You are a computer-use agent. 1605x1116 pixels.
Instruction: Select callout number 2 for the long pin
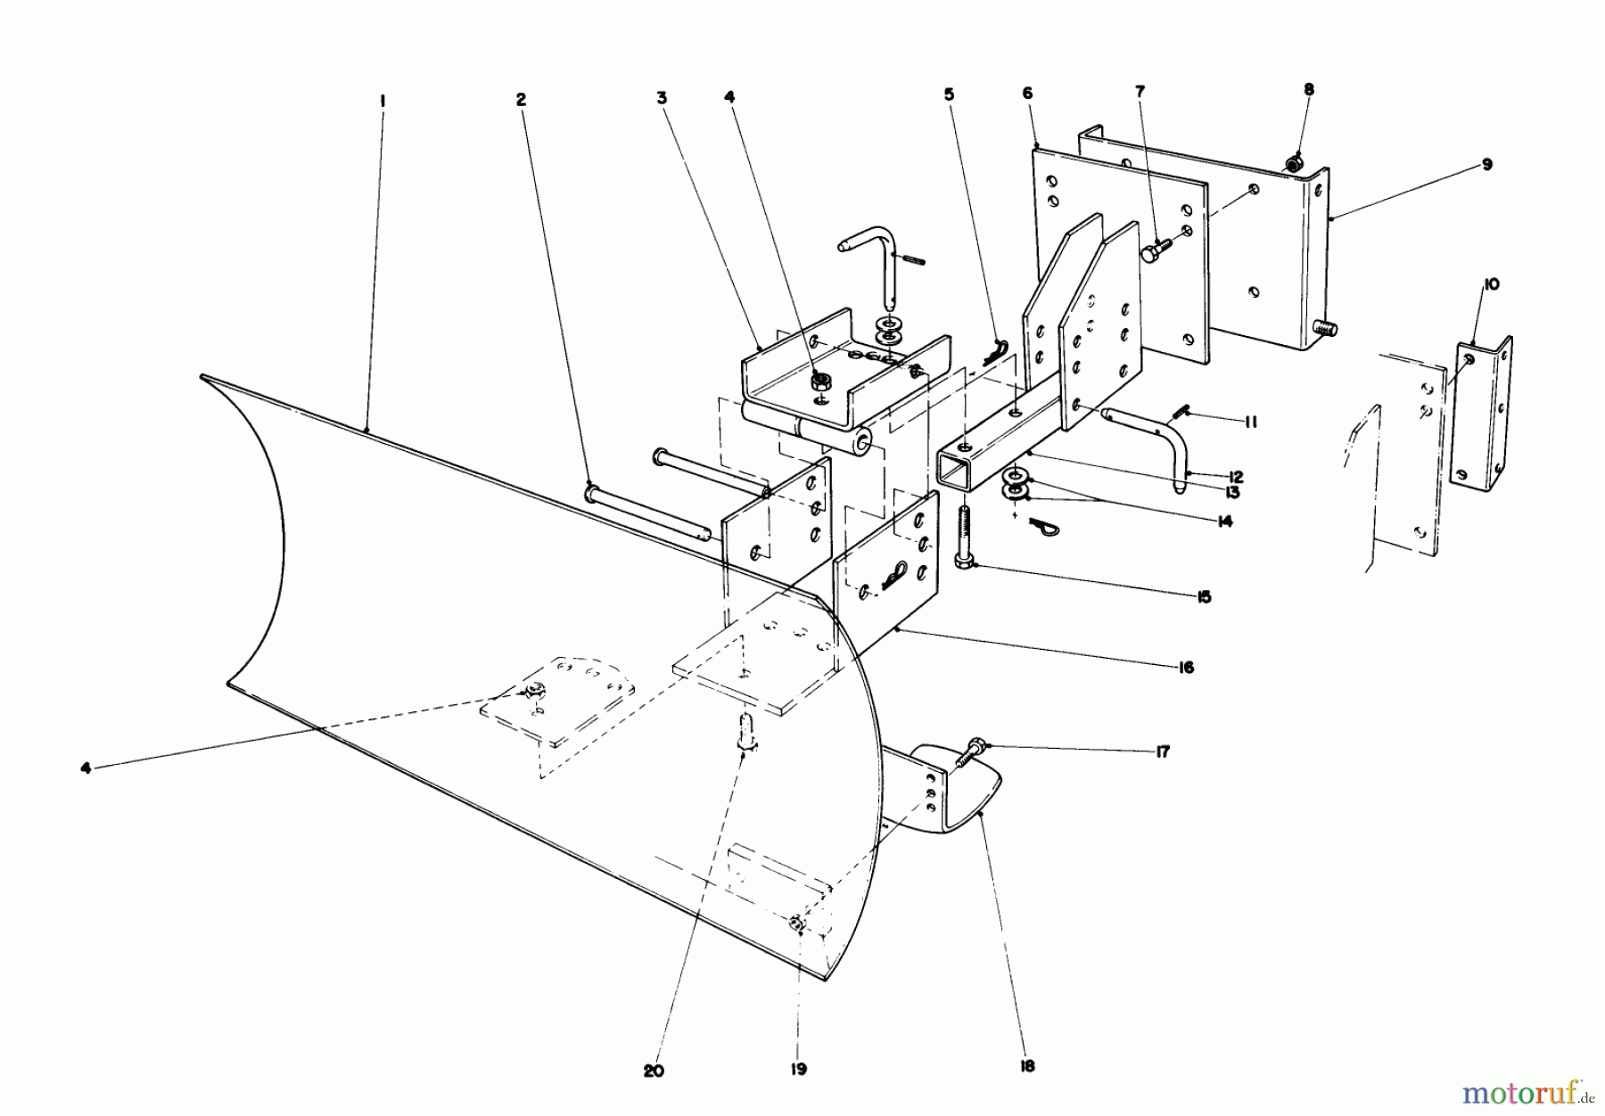(521, 100)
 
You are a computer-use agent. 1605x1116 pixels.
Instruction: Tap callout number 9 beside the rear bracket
(1412, 165)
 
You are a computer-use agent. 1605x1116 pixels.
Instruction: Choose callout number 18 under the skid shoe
(1027, 1065)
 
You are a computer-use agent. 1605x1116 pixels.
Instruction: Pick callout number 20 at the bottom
(654, 1071)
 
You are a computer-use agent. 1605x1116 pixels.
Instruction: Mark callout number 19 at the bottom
(798, 1069)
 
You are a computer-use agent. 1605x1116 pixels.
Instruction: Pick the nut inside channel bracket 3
(819, 383)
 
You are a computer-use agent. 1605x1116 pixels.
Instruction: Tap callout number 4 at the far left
(86, 767)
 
